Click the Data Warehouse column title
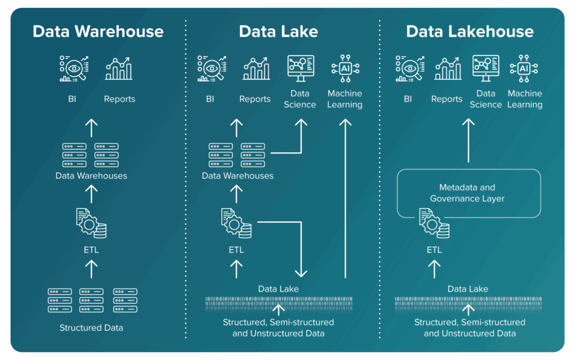point(98,31)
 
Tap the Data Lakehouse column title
point(470,31)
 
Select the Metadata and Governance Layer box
point(468,193)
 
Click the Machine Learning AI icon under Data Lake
point(344,69)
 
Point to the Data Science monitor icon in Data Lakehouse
point(486,69)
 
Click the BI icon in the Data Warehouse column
point(74,69)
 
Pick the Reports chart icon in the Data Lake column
point(255,69)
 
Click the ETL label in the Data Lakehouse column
point(434,250)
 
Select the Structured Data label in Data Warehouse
point(91,327)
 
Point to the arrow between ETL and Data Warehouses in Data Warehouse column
point(91,194)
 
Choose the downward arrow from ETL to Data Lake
point(301,247)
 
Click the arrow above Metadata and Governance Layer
point(468,140)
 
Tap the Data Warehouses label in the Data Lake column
point(238,176)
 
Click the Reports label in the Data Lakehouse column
point(447,99)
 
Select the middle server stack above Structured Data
point(92,300)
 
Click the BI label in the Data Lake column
point(210,99)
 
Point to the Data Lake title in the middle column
point(279,31)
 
